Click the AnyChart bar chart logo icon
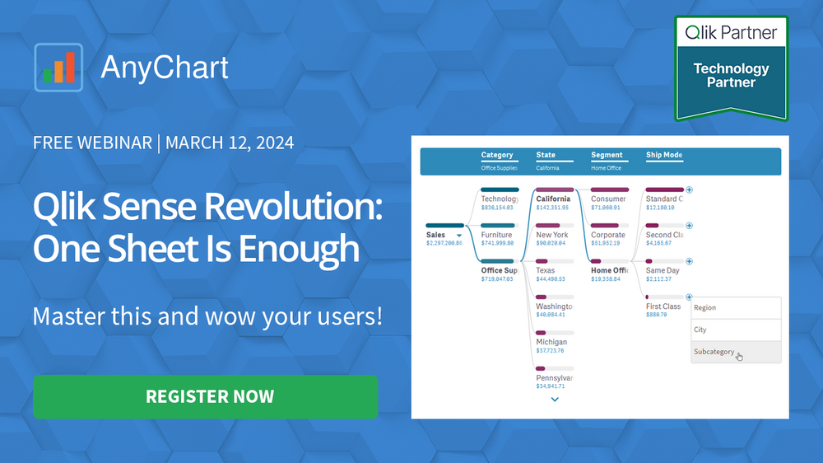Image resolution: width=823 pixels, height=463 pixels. [58, 67]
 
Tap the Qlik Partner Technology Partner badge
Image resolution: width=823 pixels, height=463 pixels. [731, 68]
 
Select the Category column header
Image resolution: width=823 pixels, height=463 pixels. [497, 155]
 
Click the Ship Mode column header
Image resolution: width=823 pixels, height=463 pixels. [664, 155]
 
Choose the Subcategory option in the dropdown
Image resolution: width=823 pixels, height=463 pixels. [714, 352]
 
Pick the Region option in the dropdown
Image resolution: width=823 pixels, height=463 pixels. [705, 307]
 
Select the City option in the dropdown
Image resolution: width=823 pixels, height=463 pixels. [700, 330]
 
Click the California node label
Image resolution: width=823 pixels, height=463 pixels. [553, 199]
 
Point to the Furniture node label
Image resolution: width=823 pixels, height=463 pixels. [496, 235]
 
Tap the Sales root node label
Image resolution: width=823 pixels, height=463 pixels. [436, 235]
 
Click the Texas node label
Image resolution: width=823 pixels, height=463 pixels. [546, 270]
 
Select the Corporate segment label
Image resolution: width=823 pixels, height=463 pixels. [608, 235]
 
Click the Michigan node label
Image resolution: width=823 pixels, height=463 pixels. [551, 342]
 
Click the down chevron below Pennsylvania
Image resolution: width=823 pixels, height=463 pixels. [555, 400]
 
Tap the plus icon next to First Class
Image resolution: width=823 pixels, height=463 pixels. [689, 297]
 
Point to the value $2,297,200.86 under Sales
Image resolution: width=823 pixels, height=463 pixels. [444, 244]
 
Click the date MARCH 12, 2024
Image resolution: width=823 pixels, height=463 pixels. [230, 143]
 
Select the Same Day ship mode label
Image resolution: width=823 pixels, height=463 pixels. [663, 270]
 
